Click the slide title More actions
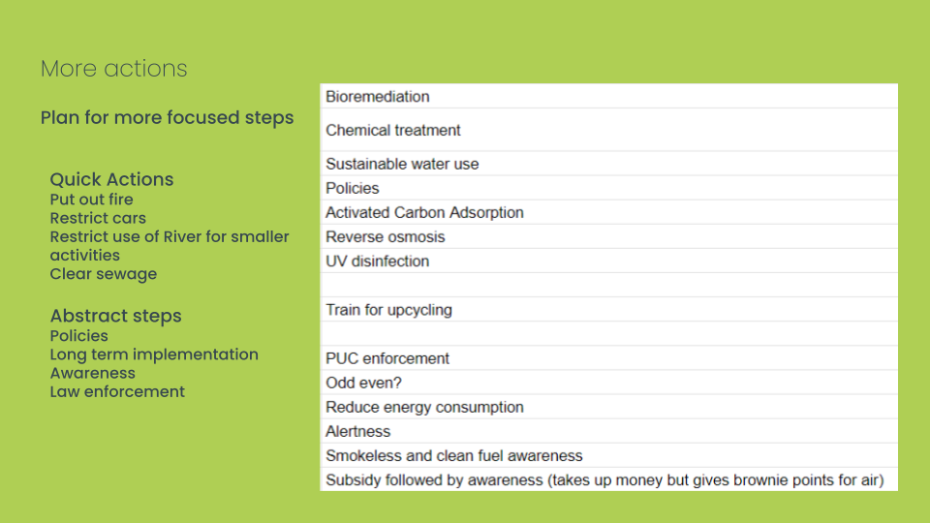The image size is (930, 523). (x=114, y=69)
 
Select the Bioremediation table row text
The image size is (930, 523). (x=377, y=97)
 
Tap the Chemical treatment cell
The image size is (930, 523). (x=392, y=131)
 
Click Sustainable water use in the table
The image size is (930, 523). (x=402, y=165)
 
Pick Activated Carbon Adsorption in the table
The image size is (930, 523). (x=424, y=213)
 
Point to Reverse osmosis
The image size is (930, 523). (x=385, y=237)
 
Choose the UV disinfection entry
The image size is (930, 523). (x=377, y=261)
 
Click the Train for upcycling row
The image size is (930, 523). (x=388, y=310)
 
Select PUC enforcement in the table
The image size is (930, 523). (x=387, y=358)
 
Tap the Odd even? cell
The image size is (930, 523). (x=363, y=384)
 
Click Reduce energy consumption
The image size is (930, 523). (x=424, y=408)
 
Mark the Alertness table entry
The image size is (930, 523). (x=357, y=432)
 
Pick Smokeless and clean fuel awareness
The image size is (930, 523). (x=453, y=456)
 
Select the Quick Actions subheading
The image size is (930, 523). (x=111, y=180)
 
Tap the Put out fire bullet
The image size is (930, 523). (x=91, y=200)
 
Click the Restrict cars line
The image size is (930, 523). (x=98, y=218)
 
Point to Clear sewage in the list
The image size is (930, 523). (x=104, y=274)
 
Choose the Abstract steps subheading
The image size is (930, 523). (x=115, y=316)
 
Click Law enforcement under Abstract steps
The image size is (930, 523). (x=117, y=392)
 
